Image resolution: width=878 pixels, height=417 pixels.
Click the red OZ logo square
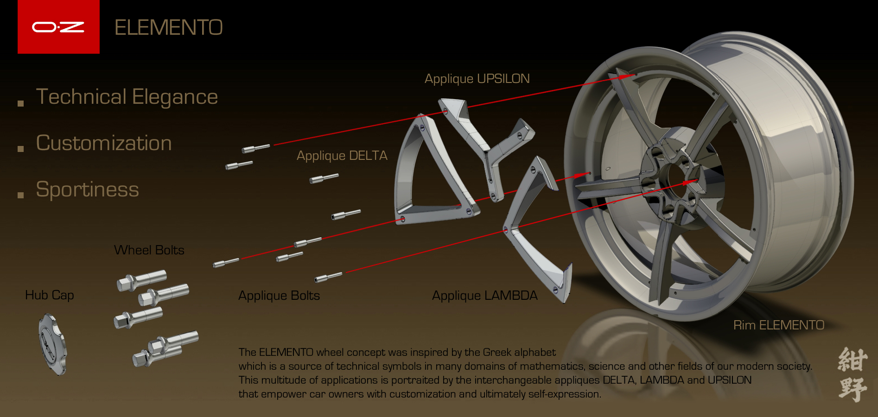(58, 27)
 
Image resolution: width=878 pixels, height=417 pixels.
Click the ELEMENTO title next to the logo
(168, 27)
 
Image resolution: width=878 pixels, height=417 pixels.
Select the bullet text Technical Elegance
(127, 97)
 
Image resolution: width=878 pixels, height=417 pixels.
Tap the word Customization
(104, 143)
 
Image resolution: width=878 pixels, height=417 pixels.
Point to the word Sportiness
(87, 190)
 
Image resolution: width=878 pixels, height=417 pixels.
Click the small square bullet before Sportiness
(20, 195)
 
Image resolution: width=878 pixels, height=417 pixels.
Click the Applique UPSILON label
(477, 79)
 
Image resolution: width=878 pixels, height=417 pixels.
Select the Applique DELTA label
(342, 156)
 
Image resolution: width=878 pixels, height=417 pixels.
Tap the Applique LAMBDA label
(484, 296)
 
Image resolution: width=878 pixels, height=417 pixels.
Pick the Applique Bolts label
(279, 296)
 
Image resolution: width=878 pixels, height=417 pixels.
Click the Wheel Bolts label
(149, 250)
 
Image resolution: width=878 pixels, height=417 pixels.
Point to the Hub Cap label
(49, 295)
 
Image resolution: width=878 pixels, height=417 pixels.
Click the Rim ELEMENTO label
(778, 325)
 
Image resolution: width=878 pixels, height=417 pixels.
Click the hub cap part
(52, 344)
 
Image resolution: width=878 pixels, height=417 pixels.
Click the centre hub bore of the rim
(672, 178)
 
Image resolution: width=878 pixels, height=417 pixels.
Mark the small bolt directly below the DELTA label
(324, 178)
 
